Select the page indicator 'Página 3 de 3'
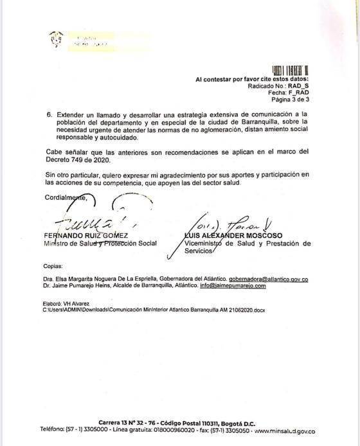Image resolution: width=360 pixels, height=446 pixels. (x=290, y=100)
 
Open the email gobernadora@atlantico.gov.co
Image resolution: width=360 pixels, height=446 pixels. (x=264, y=280)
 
